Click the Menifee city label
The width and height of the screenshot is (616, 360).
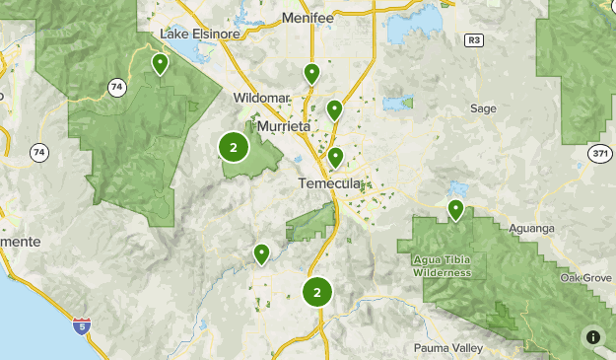(x=308, y=18)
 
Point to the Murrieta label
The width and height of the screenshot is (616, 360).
(x=284, y=127)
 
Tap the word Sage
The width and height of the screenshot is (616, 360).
(x=483, y=108)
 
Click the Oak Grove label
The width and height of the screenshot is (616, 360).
(x=585, y=277)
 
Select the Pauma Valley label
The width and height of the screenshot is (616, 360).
(x=448, y=347)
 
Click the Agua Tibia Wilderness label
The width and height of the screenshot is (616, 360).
(x=442, y=266)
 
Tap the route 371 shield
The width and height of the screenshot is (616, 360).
(x=600, y=153)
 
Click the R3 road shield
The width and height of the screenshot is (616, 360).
(x=475, y=40)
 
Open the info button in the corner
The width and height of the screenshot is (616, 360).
(x=593, y=337)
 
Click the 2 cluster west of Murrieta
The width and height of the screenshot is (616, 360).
(x=234, y=149)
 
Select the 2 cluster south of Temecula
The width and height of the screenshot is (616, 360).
(x=316, y=292)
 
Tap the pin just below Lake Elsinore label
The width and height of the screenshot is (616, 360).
(x=160, y=64)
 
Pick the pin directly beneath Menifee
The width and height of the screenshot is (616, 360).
(x=311, y=73)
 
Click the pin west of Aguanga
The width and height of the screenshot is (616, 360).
(x=455, y=209)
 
